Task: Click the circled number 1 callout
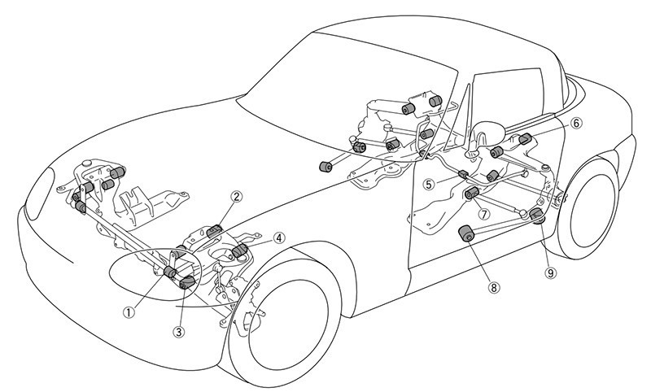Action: tap(128, 309)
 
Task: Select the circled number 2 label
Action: tap(237, 196)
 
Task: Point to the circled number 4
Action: tap(279, 238)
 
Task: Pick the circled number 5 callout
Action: tap(428, 184)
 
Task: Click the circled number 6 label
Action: tap(576, 124)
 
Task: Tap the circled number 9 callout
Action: tap(551, 273)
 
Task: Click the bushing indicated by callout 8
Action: tap(468, 233)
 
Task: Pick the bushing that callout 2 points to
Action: tap(214, 231)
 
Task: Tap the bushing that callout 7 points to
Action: tap(470, 193)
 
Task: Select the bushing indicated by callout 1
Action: tap(171, 272)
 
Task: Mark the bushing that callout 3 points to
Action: tap(186, 281)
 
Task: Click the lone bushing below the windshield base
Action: tap(326, 166)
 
